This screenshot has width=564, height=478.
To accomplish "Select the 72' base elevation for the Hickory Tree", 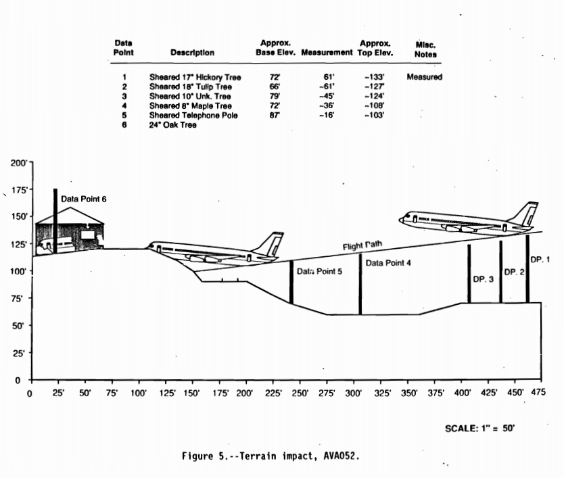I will point(275,77).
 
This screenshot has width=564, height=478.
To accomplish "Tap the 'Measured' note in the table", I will point(424,77).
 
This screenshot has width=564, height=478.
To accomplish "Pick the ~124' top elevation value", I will point(374,96).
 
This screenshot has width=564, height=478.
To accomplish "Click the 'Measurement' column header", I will point(327,52).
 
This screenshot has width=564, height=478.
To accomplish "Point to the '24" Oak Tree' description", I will point(173,125).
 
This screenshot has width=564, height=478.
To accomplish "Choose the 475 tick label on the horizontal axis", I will point(539,393).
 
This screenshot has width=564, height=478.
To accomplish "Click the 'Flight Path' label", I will point(362,246).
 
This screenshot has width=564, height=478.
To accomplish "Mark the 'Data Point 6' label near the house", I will point(84,199).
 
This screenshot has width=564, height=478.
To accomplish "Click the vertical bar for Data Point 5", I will point(291,282).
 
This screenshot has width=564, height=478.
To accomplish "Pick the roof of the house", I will point(68,214).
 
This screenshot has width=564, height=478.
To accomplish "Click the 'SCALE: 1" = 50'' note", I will point(480,428).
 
